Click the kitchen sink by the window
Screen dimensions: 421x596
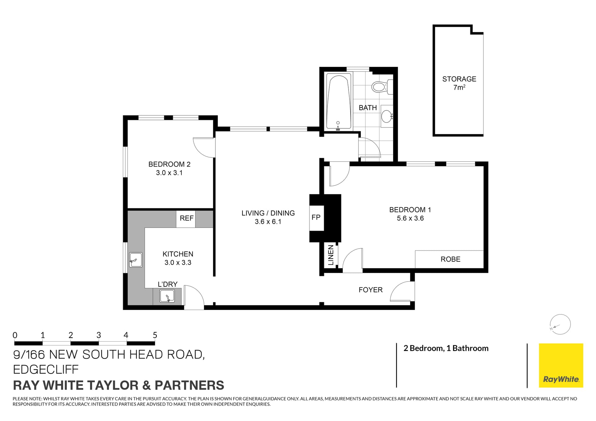point(136,260)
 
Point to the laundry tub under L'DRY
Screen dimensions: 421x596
point(167,296)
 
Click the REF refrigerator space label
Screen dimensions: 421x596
point(186,218)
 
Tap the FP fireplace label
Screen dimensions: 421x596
point(316,218)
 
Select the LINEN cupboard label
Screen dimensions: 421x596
point(331,255)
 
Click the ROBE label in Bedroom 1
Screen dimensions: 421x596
point(450,259)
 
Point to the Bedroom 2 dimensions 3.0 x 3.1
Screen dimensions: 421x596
point(169,173)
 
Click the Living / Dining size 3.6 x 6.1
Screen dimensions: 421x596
point(268,222)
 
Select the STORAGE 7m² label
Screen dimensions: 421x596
point(459,83)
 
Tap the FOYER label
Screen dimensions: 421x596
point(370,290)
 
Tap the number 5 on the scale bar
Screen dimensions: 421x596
point(155,335)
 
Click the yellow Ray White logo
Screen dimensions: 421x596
point(561,365)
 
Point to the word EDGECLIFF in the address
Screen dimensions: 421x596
point(46,369)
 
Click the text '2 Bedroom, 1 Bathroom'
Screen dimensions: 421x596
point(446,348)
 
